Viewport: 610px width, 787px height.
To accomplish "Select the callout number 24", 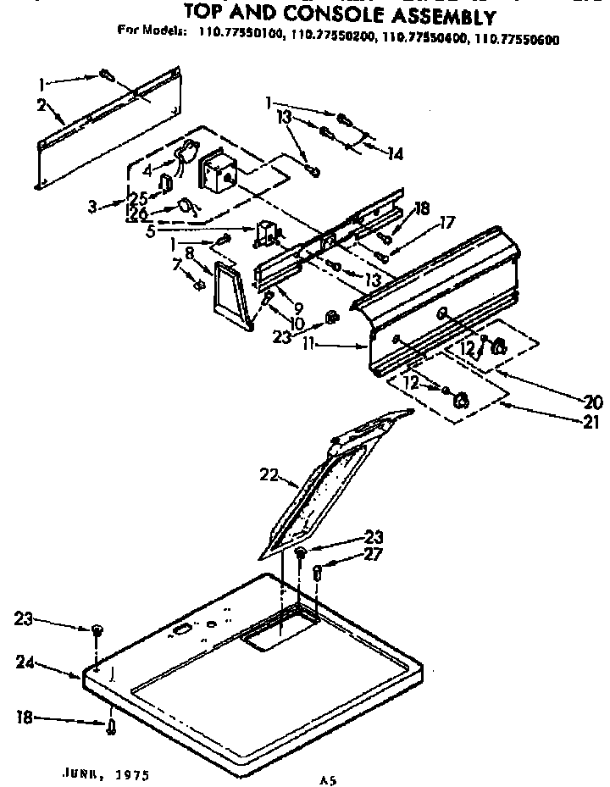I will coord(25,663).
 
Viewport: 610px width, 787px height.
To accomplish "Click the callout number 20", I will coord(594,402).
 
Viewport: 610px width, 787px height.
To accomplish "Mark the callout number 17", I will coord(447,224).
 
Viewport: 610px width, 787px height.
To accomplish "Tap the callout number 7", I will coord(176,266).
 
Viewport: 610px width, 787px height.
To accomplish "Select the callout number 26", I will coord(138,215).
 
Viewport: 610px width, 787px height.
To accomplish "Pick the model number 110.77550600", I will coord(518,38).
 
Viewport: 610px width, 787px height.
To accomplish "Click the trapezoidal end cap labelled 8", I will coord(229,294).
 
